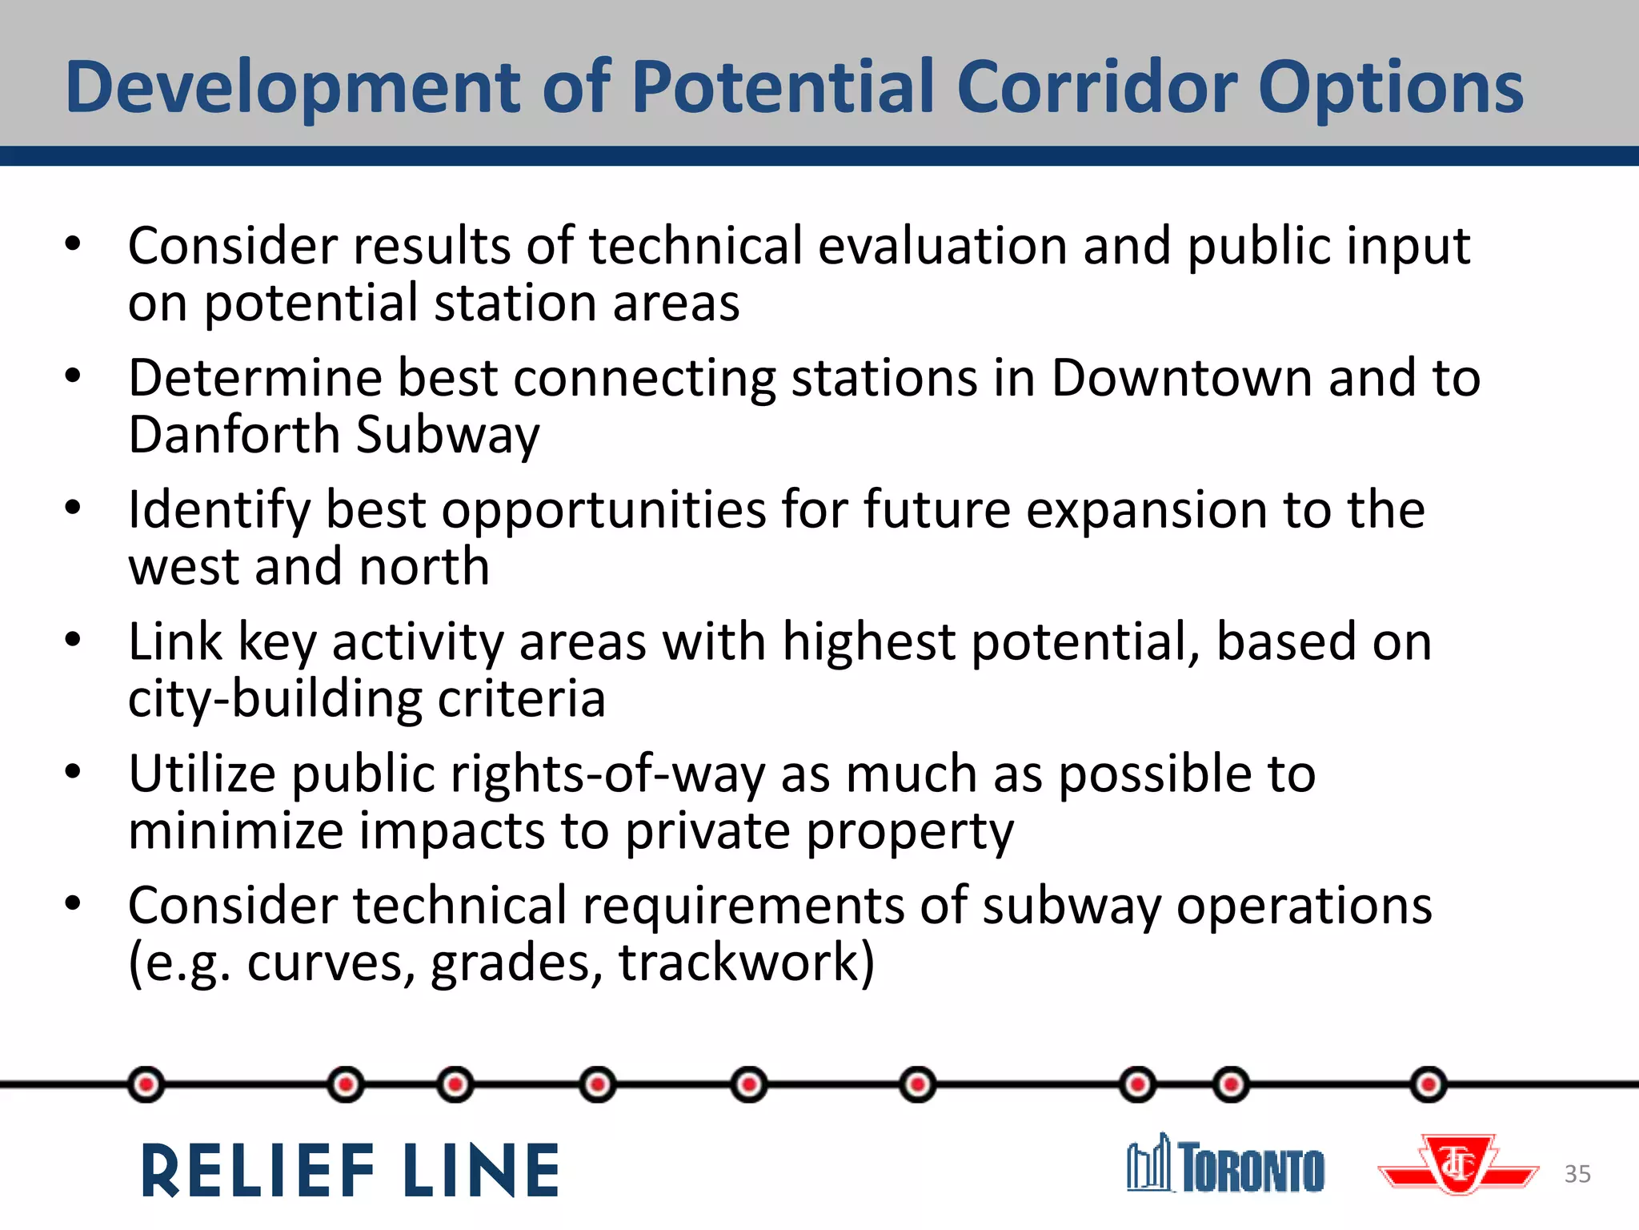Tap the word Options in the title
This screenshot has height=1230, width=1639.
tap(1391, 88)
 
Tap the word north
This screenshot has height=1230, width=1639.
tap(424, 567)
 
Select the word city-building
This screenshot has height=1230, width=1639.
tap(275, 699)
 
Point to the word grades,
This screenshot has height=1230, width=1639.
tap(517, 963)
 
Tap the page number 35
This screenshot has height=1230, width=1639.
tap(1577, 1174)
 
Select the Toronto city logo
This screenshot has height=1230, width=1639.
tap(1225, 1165)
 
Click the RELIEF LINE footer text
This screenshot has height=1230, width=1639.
tap(351, 1171)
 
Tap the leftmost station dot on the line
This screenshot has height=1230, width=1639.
tap(146, 1085)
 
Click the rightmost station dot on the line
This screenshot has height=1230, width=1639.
tap(1429, 1085)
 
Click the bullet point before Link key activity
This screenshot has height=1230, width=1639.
tap(73, 640)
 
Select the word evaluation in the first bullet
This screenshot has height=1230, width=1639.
tap(942, 245)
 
